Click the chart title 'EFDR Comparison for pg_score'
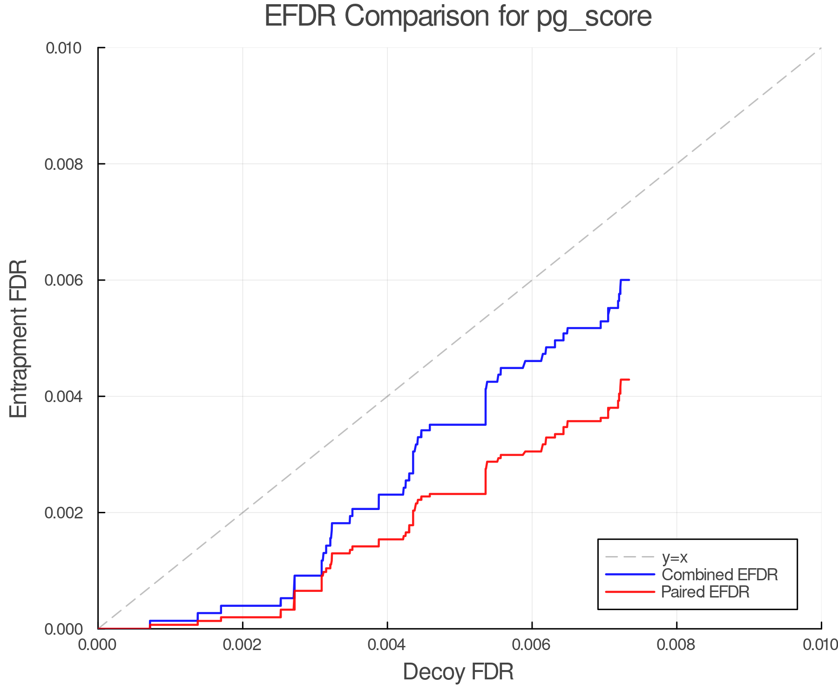[458, 16]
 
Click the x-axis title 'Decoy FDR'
[458, 672]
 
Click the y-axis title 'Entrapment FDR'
[19, 338]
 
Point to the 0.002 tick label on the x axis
[243, 645]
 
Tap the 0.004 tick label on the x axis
[387, 645]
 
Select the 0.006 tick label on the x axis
[532, 645]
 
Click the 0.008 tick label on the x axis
[676, 645]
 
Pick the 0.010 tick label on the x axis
[820, 645]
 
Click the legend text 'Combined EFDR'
[719, 575]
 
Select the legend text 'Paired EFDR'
[705, 592]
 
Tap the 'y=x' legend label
[675, 557]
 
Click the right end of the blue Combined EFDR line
[629, 280]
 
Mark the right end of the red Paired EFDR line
[629, 380]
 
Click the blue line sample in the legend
[630, 575]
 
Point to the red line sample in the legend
[630, 592]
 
